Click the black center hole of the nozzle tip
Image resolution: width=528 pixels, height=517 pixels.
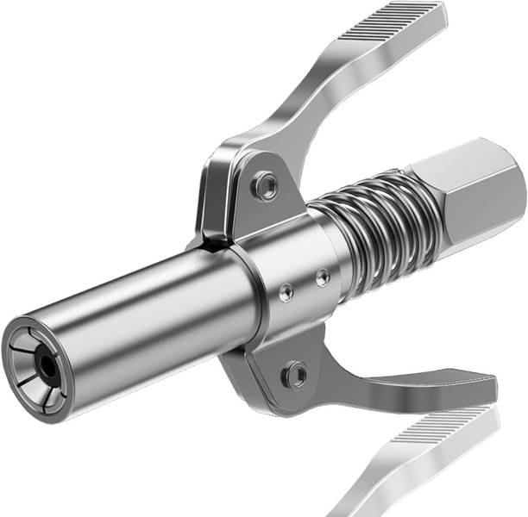[49, 369]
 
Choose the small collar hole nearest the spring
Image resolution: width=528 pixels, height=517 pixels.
[322, 277]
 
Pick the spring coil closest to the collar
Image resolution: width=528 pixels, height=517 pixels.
[341, 250]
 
